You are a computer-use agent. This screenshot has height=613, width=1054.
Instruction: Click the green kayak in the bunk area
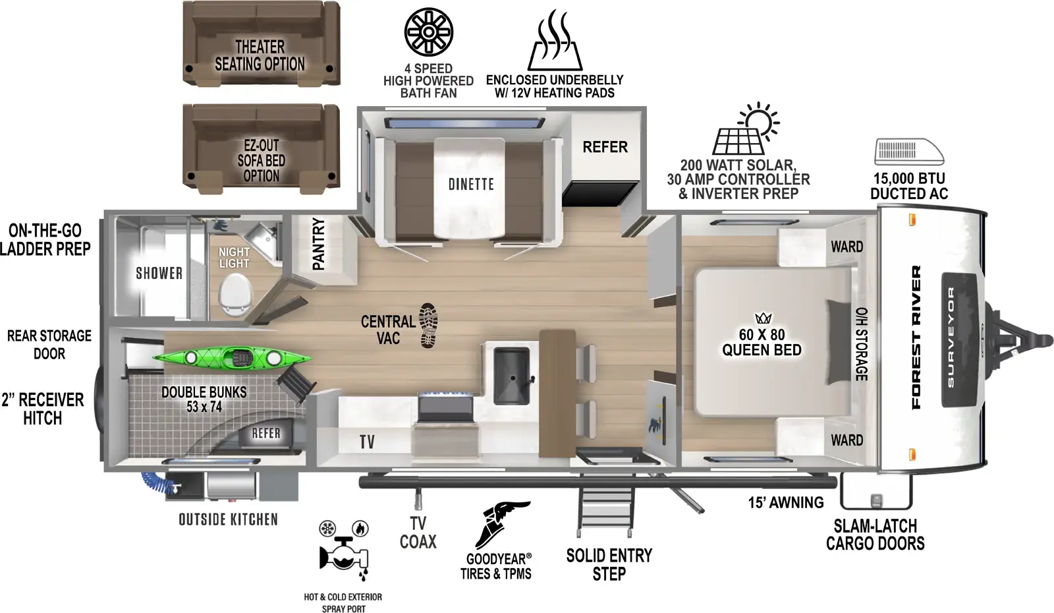[232, 358]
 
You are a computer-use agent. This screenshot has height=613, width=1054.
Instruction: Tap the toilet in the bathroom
[236, 294]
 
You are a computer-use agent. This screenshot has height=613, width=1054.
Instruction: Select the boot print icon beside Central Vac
[428, 326]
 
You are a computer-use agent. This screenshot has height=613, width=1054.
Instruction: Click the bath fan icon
[428, 32]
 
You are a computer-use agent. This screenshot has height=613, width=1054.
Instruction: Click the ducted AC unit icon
[908, 152]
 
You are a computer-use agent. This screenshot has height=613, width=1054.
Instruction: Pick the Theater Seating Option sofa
[261, 45]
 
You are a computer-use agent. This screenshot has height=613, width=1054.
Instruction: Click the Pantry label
[319, 244]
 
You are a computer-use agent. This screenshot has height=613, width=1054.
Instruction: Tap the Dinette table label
[470, 185]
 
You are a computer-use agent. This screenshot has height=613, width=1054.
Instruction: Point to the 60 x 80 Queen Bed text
[762, 343]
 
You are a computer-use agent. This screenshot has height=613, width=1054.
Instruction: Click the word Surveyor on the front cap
[951, 337]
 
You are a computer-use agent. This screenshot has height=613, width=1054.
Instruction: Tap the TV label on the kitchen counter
[367, 442]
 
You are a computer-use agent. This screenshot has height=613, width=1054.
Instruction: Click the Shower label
[159, 273]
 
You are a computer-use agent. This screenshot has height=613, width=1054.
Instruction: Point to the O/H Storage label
[861, 343]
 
